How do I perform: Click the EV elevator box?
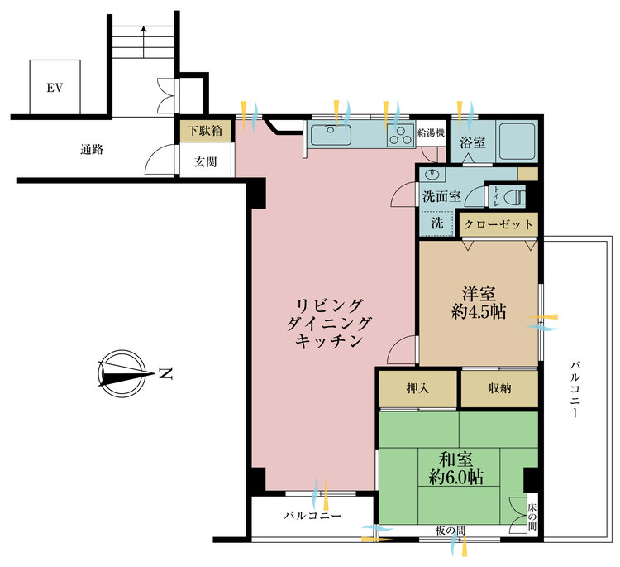pyautogui.click(x=55, y=87)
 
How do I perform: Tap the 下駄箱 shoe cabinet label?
pyautogui.click(x=205, y=130)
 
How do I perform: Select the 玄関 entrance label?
pyautogui.click(x=205, y=161)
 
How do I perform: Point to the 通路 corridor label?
pyautogui.click(x=92, y=149)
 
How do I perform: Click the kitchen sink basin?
pyautogui.click(x=331, y=135)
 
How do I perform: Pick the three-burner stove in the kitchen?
pyautogui.click(x=401, y=135)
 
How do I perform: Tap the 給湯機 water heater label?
pyautogui.click(x=431, y=132)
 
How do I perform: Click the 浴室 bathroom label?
pyautogui.click(x=472, y=142)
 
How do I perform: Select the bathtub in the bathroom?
pyautogui.click(x=517, y=141)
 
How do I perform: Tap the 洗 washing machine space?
pyautogui.click(x=436, y=223)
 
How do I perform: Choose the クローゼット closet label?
pyautogui.click(x=498, y=224)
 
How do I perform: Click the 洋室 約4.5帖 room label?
pyautogui.click(x=479, y=302)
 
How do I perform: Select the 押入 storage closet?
pyautogui.click(x=418, y=388)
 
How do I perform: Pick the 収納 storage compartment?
pyautogui.click(x=499, y=388)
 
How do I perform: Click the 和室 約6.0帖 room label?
pyautogui.click(x=455, y=468)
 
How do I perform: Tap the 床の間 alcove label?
pyautogui.click(x=532, y=517)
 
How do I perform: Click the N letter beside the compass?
pyautogui.click(x=165, y=373)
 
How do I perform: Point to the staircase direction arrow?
pyautogui.click(x=144, y=42)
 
